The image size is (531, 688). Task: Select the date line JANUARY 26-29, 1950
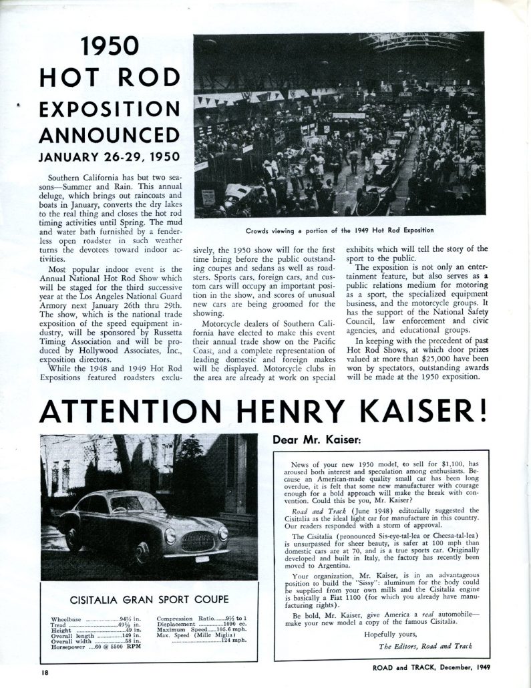(100, 159)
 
